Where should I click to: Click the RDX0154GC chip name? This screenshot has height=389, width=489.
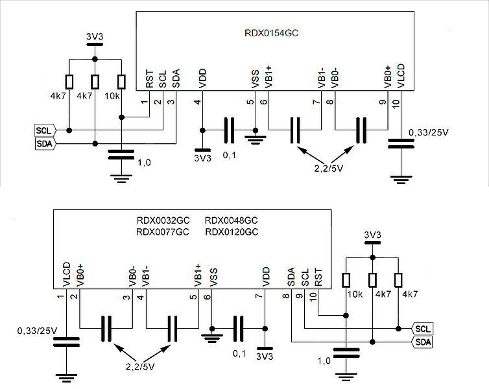click(271, 33)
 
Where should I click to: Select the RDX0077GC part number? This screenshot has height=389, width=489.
click(163, 232)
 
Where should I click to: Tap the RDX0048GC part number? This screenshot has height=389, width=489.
click(231, 220)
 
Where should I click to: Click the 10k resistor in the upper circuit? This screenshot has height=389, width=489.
click(122, 82)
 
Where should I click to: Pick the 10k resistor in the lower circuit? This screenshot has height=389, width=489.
click(346, 280)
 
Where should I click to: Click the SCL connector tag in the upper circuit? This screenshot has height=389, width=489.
click(45, 130)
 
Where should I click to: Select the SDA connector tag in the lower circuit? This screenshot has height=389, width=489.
click(422, 342)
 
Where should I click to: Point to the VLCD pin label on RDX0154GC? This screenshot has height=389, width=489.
click(401, 76)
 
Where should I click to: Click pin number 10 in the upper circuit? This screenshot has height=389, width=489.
click(396, 104)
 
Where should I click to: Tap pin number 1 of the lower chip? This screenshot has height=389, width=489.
click(60, 296)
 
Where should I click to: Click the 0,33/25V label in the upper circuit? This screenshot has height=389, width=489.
click(429, 132)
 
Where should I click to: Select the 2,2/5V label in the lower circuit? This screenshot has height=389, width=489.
click(140, 367)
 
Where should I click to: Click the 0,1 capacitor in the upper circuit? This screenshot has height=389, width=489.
click(229, 130)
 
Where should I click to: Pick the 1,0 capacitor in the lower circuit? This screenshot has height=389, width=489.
click(346, 353)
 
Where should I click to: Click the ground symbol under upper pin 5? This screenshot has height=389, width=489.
click(256, 139)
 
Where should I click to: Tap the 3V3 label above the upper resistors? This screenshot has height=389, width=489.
click(95, 37)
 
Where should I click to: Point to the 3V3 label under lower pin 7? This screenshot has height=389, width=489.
click(265, 357)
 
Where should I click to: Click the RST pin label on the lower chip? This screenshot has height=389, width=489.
click(318, 277)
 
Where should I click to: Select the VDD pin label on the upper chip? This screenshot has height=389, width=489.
click(202, 78)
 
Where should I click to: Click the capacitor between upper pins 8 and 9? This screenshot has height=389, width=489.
click(361, 130)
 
